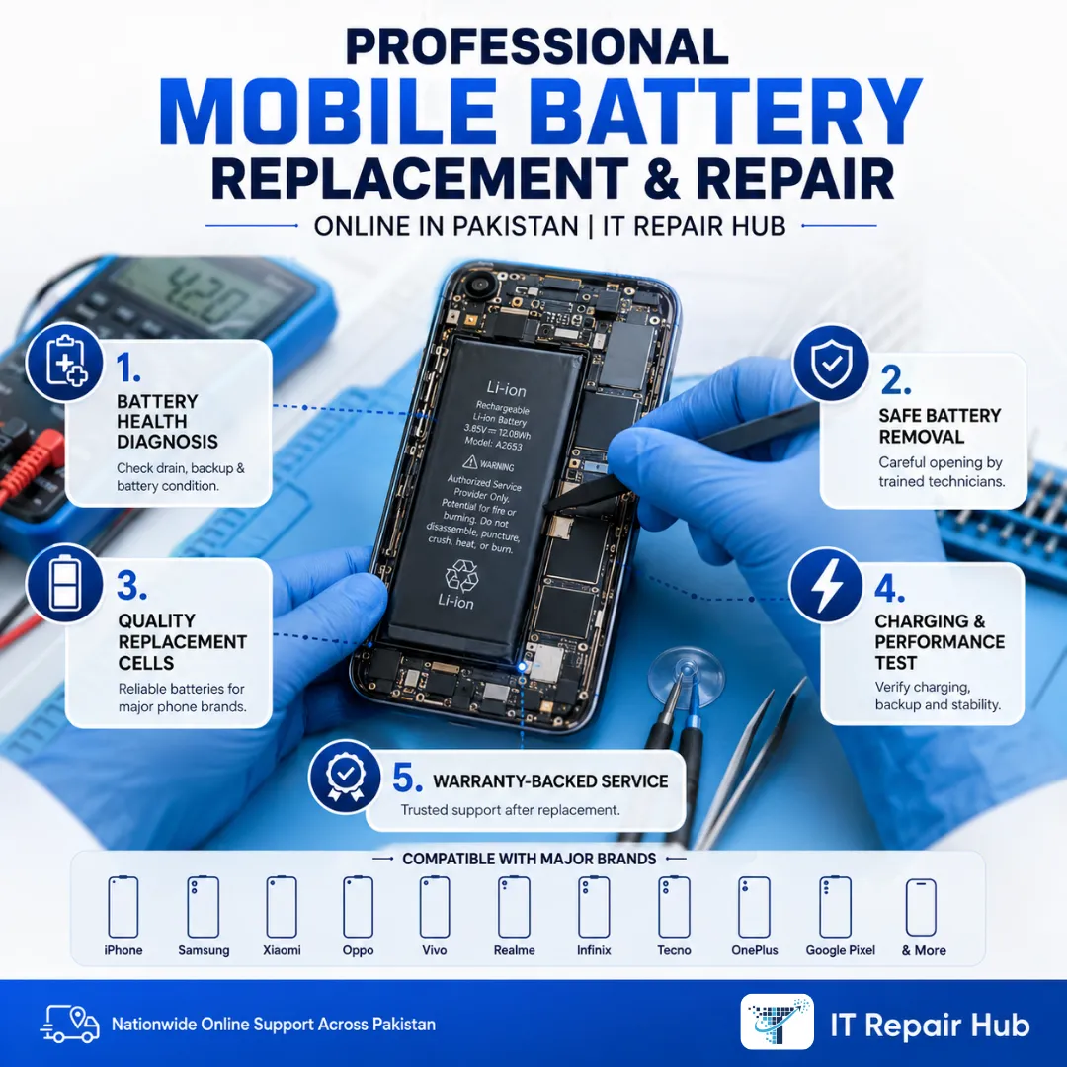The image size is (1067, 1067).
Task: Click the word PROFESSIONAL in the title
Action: (x=536, y=46)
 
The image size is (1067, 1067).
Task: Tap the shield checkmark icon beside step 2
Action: (x=831, y=363)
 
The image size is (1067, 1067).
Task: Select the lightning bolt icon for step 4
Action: (x=827, y=585)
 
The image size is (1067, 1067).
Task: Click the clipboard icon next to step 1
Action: (x=64, y=362)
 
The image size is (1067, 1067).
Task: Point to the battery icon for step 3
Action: (x=64, y=583)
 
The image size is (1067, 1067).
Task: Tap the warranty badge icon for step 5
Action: (x=345, y=777)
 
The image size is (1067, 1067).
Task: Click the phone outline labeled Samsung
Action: (x=204, y=906)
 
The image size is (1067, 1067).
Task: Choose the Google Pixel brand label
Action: (x=841, y=950)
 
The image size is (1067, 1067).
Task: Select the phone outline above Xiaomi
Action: (x=282, y=906)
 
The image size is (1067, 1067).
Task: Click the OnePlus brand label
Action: (x=755, y=950)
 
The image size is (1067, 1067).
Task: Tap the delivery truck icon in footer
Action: (x=70, y=1025)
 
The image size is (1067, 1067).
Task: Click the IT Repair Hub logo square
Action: (x=778, y=1023)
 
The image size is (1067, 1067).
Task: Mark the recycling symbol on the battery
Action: (x=461, y=575)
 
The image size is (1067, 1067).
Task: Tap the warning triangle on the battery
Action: (x=469, y=462)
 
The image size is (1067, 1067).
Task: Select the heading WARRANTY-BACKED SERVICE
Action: (x=550, y=781)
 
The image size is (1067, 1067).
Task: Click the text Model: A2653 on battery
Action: (x=493, y=444)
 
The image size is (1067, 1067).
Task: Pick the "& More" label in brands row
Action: (x=924, y=950)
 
